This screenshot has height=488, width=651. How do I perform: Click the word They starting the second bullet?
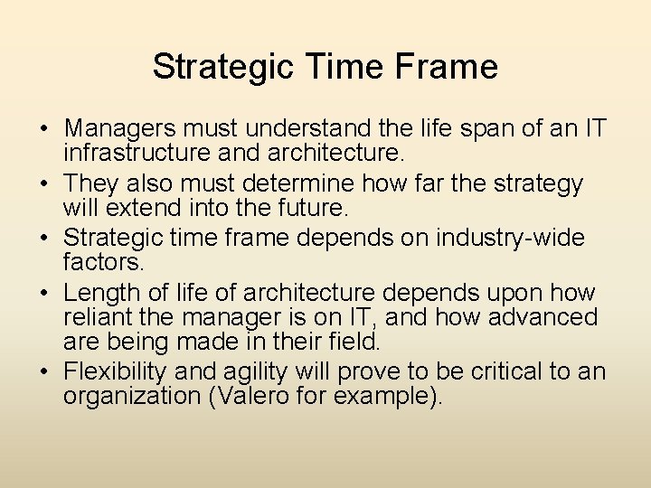click(91, 183)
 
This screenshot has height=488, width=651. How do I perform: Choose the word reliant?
click(96, 316)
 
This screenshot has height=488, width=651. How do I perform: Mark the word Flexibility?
click(116, 371)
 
